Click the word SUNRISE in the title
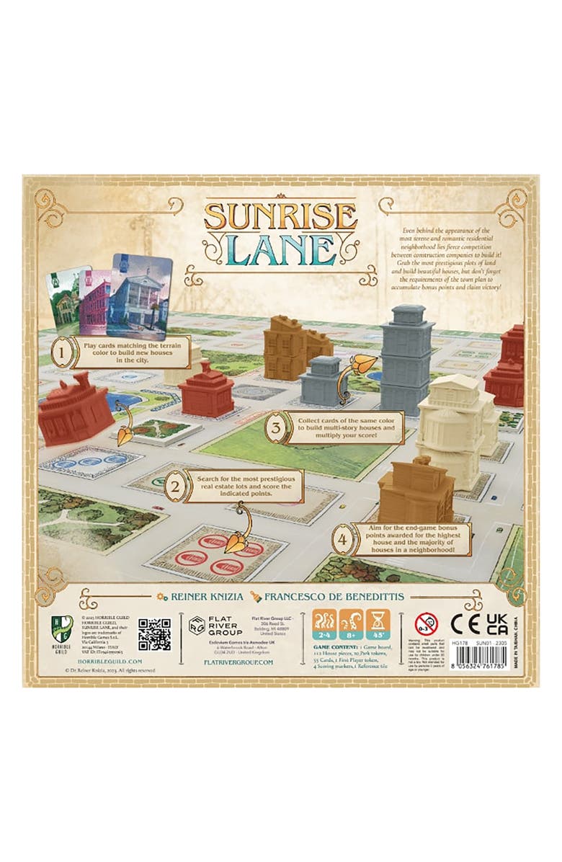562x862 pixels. click(280, 214)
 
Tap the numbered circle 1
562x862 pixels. click(63, 354)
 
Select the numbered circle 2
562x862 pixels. click(173, 488)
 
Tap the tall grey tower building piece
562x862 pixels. click(407, 358)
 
